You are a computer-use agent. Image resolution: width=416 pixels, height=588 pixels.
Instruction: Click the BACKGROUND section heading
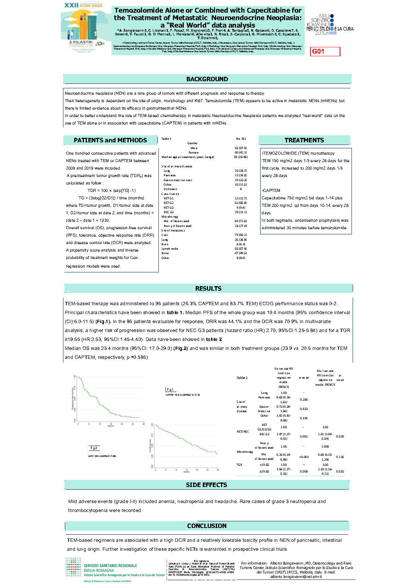(207, 79)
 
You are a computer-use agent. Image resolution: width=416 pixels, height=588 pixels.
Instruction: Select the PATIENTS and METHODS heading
(110, 140)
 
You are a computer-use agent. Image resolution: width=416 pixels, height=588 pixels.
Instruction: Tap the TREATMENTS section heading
(304, 140)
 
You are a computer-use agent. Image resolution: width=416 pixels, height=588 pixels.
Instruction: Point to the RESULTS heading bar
(208, 288)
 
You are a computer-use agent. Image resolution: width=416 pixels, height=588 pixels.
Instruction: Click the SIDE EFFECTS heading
(207, 485)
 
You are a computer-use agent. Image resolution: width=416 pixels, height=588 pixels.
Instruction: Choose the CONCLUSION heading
(207, 526)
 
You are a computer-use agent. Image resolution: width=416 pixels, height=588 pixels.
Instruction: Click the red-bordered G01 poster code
(325, 51)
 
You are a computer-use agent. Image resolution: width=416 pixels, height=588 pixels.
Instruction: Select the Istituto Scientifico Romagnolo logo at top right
(330, 25)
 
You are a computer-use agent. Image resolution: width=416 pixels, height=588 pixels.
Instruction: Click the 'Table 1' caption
(166, 139)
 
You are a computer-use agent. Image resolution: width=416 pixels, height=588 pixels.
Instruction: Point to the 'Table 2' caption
(242, 378)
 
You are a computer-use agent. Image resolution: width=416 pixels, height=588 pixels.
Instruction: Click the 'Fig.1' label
(170, 389)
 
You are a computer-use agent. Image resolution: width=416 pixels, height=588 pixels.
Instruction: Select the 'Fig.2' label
(94, 448)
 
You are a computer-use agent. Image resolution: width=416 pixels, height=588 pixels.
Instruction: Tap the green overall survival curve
(186, 440)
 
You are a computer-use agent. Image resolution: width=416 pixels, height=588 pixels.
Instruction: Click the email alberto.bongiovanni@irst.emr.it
(296, 576)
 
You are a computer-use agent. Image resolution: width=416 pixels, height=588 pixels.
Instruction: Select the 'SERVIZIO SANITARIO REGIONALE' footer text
(110, 566)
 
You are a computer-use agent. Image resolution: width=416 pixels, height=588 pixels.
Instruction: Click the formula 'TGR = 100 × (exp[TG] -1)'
(111, 190)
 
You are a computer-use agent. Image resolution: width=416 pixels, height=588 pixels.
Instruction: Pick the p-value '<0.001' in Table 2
(304, 457)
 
